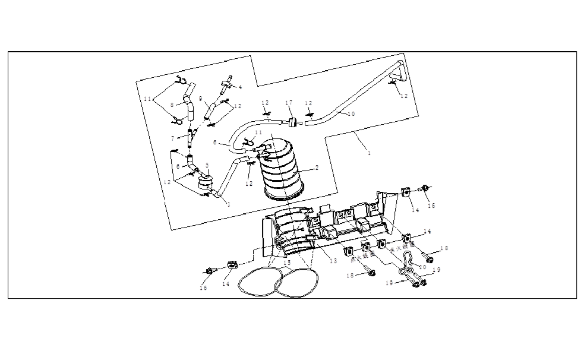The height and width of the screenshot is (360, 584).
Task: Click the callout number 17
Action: click(289, 103)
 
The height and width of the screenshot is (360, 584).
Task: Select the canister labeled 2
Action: click(284, 169)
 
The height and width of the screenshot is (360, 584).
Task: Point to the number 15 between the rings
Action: click(287, 263)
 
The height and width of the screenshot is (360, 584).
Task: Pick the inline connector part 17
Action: click(292, 122)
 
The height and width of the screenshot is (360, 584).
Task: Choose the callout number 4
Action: click(241, 87)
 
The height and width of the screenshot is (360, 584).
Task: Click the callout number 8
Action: click(172, 105)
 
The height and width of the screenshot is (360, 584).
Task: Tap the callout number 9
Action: click(201, 99)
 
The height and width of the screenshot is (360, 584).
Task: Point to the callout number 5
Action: click(207, 165)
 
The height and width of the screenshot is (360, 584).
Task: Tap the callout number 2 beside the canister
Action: click(317, 168)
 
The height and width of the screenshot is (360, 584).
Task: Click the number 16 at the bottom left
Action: click(203, 288)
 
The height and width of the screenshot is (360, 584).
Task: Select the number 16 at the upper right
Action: click(432, 205)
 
